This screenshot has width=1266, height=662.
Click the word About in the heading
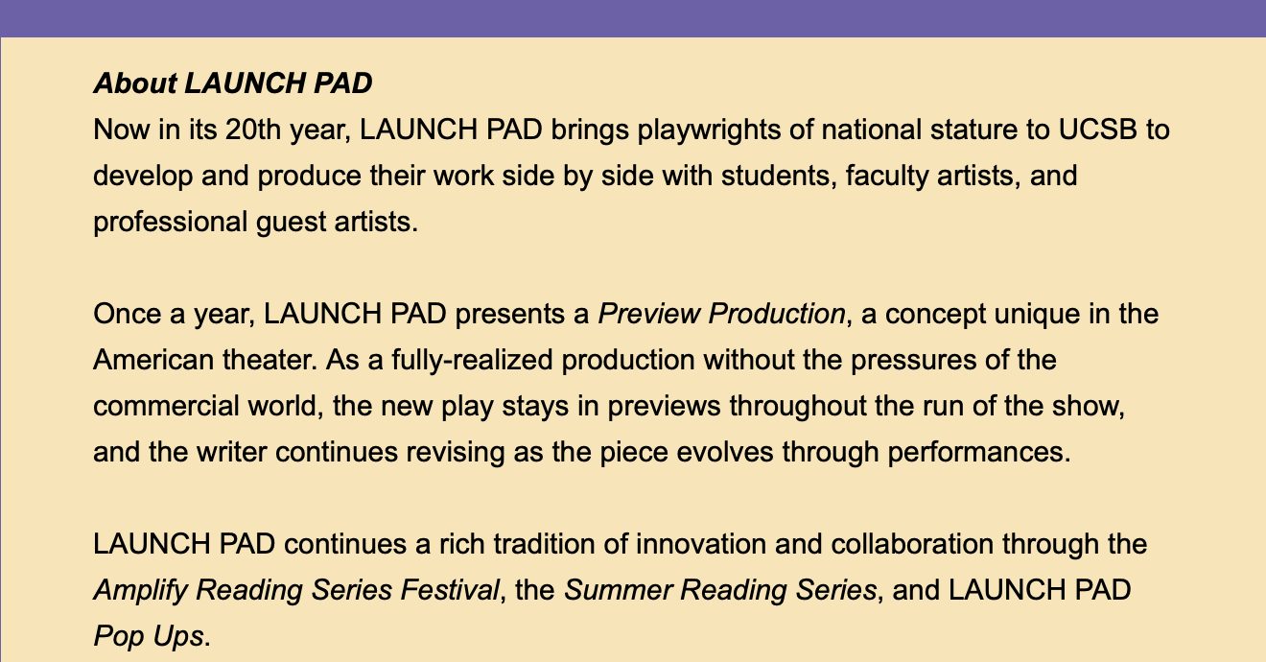click(x=135, y=83)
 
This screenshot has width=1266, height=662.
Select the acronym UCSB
click(x=1097, y=130)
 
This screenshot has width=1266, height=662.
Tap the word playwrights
click(x=710, y=130)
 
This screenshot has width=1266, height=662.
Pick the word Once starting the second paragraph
click(x=128, y=314)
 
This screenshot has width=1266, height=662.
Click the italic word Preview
click(x=648, y=314)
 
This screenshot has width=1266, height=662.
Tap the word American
click(x=153, y=360)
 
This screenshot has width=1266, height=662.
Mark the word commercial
click(x=166, y=406)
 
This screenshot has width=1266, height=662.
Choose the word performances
click(x=979, y=453)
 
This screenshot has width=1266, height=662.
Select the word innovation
click(x=701, y=544)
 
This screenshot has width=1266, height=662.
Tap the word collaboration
click(x=912, y=544)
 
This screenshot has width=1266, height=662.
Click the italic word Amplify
click(x=140, y=591)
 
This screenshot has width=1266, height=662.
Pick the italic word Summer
click(x=619, y=590)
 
